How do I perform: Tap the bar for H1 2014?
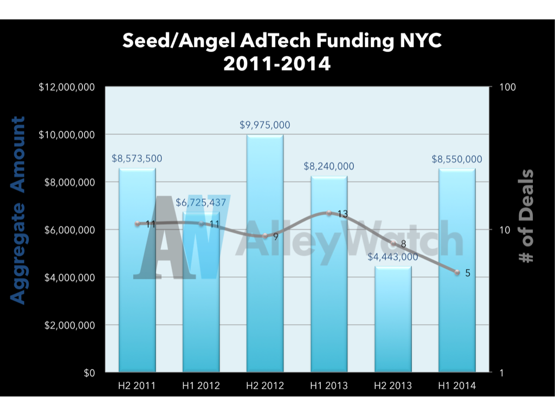pos(457,271)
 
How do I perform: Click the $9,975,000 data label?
pos(265,125)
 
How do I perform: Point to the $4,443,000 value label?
pos(393,257)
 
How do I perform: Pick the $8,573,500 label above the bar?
pos(137,159)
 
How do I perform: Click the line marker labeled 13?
pos(329,213)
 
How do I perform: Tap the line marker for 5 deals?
pos(457,272)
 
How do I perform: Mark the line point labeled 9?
pos(265,236)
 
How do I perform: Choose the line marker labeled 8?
pos(393,243)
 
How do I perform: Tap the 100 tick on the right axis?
pos(505,87)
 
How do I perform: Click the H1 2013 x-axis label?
pos(329,386)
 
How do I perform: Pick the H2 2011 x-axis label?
pos(137,386)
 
